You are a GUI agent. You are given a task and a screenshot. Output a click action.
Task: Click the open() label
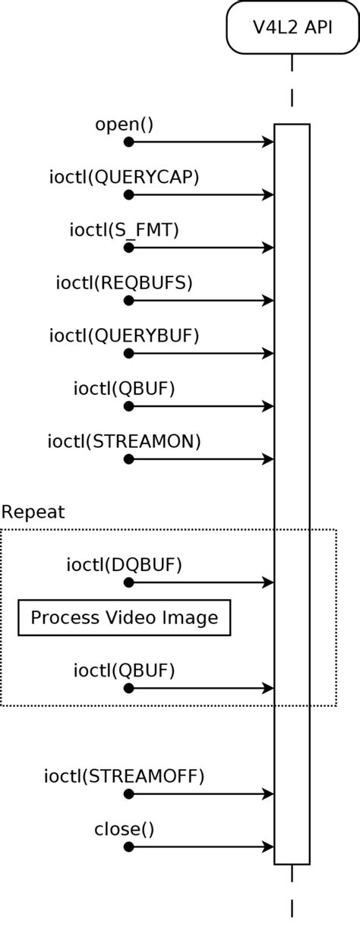tap(124, 124)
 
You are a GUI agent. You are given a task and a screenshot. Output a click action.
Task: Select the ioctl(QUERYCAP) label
tap(124, 177)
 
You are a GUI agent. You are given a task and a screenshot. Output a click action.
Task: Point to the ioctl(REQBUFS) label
tap(124, 282)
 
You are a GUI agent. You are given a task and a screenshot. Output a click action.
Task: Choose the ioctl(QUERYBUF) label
tap(124, 335)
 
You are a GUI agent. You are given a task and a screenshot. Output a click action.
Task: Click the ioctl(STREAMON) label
tap(124, 441)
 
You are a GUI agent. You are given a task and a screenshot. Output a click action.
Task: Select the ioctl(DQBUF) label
tap(124, 564)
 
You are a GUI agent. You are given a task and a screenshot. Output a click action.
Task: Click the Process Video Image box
tap(124, 618)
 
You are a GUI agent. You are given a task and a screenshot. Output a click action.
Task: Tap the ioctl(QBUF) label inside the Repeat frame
tap(124, 670)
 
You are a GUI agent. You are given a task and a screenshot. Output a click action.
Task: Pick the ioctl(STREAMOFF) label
tap(124, 776)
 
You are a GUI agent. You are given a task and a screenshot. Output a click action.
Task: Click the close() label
tap(124, 829)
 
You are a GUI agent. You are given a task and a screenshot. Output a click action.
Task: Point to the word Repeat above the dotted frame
tap(33, 512)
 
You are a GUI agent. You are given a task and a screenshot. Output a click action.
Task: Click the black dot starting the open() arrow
tap(128, 142)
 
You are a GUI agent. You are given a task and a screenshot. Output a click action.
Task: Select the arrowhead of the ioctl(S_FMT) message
tap(268, 248)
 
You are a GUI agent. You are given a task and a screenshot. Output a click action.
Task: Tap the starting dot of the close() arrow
tap(128, 847)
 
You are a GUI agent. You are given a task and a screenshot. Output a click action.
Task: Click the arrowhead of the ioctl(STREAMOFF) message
tap(268, 794)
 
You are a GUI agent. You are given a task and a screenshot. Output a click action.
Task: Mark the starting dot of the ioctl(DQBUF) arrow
tap(128, 582)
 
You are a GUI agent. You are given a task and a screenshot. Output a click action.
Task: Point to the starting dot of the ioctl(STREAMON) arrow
tap(128, 459)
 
